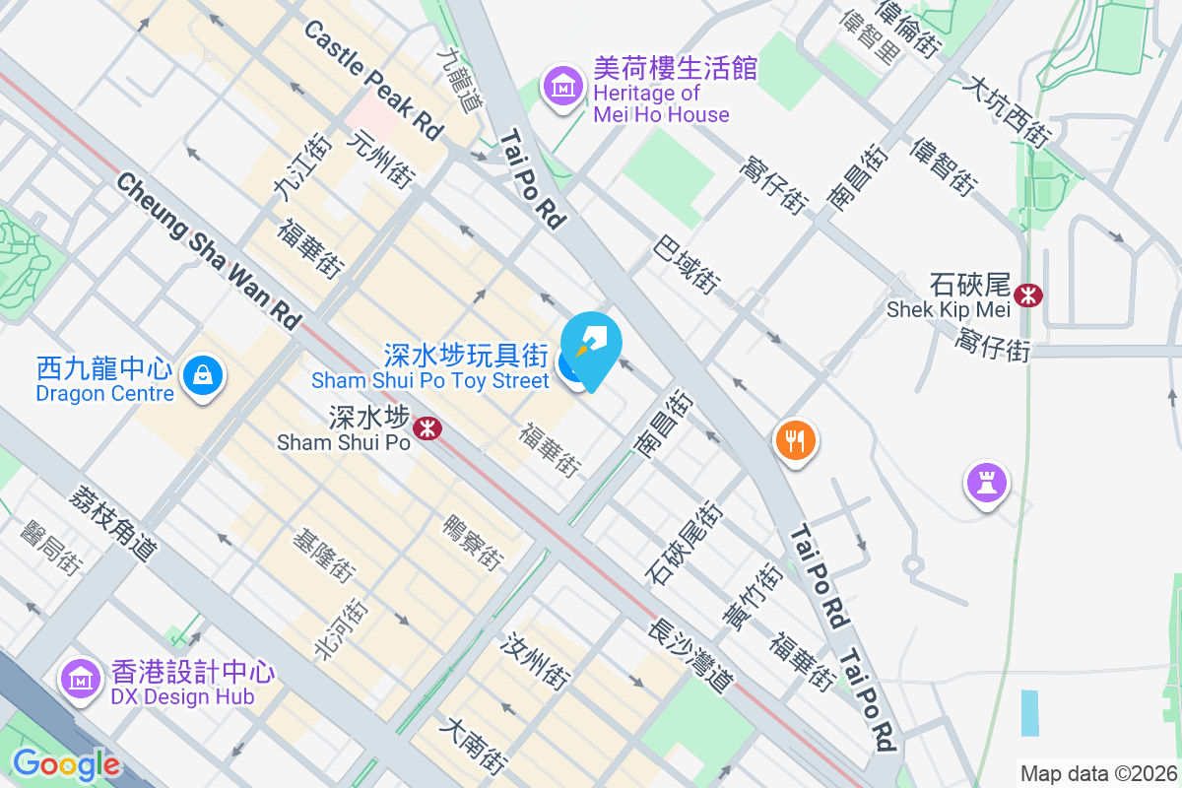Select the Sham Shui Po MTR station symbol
point(427,428)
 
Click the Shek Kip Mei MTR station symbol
point(1028,294)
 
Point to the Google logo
point(66,764)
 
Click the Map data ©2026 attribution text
point(1098,773)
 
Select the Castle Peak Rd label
point(373,80)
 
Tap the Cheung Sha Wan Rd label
point(208,250)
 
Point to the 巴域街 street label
point(686,264)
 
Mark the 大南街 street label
point(475,746)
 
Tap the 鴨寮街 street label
point(473,542)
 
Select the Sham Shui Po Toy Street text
point(429,380)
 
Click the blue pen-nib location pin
point(595,347)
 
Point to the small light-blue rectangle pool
point(1029,712)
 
